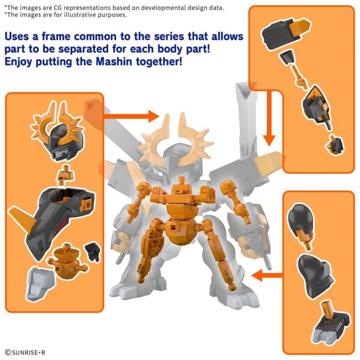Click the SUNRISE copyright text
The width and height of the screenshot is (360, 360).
(25, 352)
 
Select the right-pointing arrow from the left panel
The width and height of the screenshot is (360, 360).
(130, 117)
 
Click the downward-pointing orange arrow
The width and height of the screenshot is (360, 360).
(270, 117)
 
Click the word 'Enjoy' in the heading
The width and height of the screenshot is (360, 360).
(19, 61)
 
